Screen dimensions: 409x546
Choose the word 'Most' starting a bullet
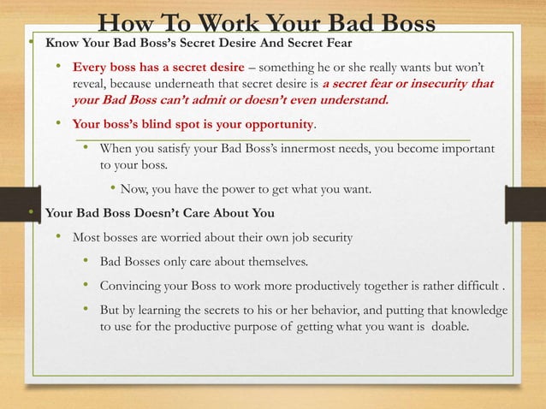[x=87, y=237]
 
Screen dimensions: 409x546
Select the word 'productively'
[x=316, y=285]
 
